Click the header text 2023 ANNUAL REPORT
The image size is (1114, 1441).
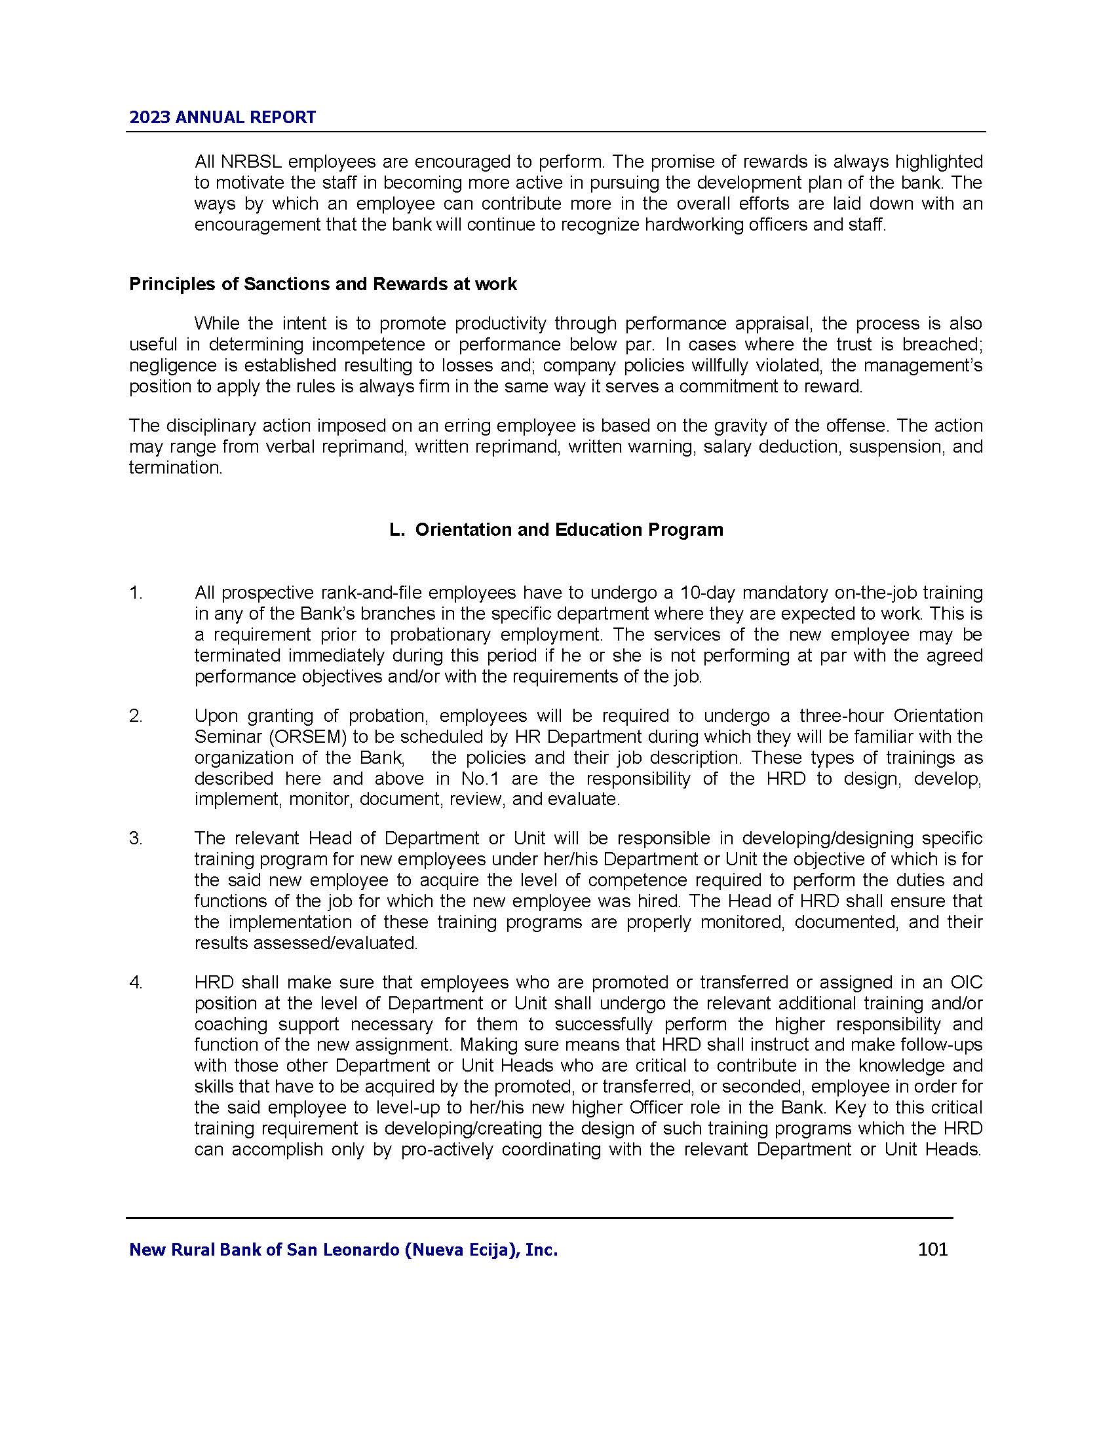(222, 117)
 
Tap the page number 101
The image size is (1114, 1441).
(932, 1249)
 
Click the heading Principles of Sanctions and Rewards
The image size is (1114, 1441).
(322, 284)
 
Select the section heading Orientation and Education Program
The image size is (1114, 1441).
(556, 530)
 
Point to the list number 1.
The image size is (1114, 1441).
(135, 593)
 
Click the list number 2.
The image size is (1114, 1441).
(135, 716)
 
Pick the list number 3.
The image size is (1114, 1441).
(135, 838)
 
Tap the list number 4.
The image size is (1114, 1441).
(135, 982)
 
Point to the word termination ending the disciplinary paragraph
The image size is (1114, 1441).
(176, 468)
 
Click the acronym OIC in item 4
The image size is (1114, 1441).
(967, 982)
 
